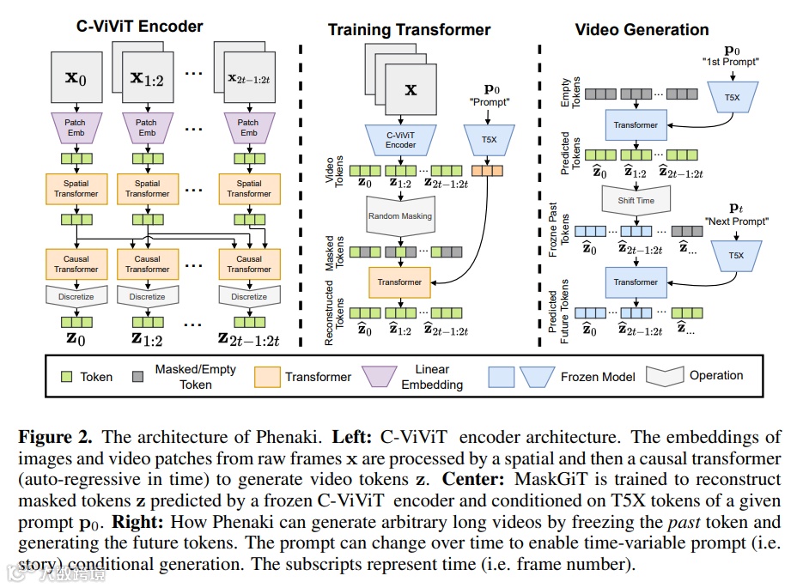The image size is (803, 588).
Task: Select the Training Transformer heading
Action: [409, 30]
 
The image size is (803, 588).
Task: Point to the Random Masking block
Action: [400, 216]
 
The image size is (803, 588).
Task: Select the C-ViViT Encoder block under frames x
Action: [400, 140]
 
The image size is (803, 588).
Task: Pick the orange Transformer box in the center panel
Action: [399, 282]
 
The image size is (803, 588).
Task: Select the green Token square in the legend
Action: [66, 376]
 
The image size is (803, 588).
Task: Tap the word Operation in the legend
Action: [716, 375]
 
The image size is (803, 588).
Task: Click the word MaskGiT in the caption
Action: [518, 479]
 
